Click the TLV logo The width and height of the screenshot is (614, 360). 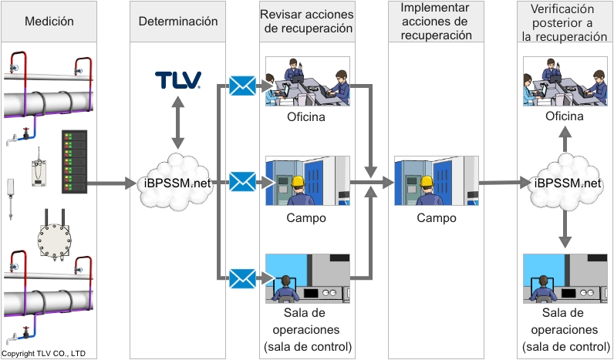178,80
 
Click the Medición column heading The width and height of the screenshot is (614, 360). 49,22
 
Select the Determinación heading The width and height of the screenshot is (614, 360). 177,22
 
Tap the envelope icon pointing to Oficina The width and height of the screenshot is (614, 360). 242,86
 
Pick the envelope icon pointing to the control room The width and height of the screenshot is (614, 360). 242,278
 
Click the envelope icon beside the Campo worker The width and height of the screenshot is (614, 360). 242,182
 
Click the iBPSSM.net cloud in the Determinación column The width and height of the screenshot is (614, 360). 178,183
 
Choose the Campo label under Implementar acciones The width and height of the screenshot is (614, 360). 436,218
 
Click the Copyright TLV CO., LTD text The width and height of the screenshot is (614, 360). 44,354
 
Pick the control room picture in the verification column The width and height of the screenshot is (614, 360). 565,278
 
